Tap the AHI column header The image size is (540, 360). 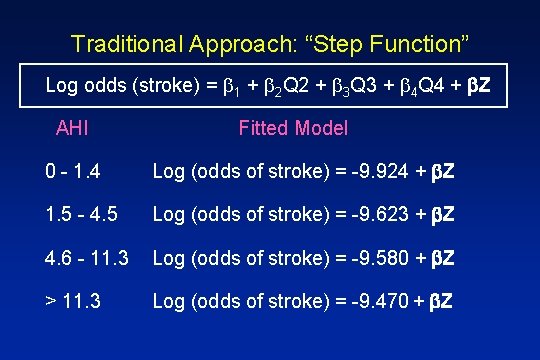point(72,128)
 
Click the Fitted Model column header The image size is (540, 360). point(293,128)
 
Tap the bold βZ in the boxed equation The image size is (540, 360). point(480,86)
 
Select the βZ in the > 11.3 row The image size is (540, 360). point(440,300)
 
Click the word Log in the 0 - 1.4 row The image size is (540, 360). point(167,172)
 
